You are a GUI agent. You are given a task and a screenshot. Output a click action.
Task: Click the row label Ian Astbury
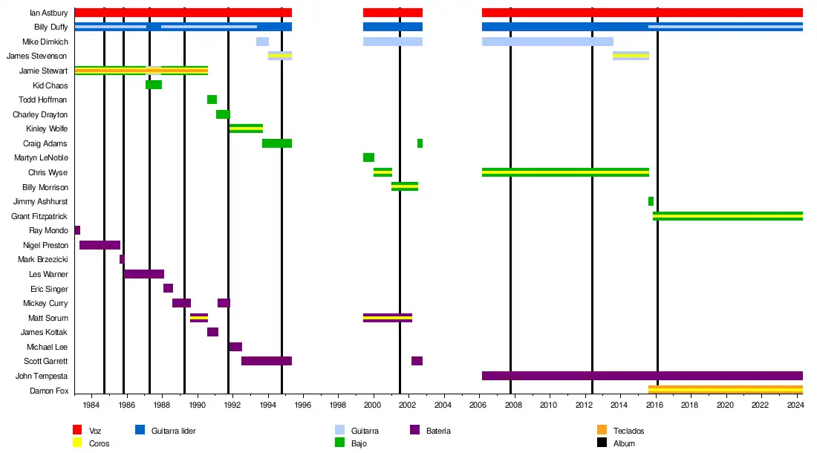pos(48,13)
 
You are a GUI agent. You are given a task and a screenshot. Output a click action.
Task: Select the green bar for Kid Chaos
pos(154,85)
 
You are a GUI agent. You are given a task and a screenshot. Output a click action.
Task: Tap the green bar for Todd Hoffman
pos(212,100)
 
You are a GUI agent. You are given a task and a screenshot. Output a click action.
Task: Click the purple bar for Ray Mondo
pos(77,230)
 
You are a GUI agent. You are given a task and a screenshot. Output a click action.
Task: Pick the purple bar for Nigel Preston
pos(100,245)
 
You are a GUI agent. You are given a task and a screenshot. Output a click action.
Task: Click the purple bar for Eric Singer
pos(168,288)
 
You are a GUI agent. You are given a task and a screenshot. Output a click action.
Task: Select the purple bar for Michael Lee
pos(235,347)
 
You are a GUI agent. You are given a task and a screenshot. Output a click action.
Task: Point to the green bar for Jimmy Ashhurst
pos(651,201)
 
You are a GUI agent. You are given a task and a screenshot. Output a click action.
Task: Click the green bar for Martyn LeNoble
pos(368,157)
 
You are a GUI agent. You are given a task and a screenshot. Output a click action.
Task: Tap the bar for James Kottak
pos(212,332)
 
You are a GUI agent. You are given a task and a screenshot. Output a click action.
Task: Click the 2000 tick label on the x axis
pos(373,405)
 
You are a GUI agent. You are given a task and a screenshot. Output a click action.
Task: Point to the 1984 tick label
pos(91,405)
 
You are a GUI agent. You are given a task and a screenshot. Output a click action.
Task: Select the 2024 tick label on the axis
pos(795,405)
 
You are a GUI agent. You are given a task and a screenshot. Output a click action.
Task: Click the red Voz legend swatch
pos(77,430)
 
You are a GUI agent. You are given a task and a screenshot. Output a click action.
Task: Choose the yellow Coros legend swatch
pos(77,443)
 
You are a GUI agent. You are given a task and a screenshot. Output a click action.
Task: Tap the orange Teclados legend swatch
pos(602,430)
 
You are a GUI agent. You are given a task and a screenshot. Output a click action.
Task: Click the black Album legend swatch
pos(602,443)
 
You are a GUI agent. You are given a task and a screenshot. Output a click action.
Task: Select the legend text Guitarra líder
pos(173,431)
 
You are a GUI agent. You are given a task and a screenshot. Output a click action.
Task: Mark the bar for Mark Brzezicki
pos(122,259)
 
